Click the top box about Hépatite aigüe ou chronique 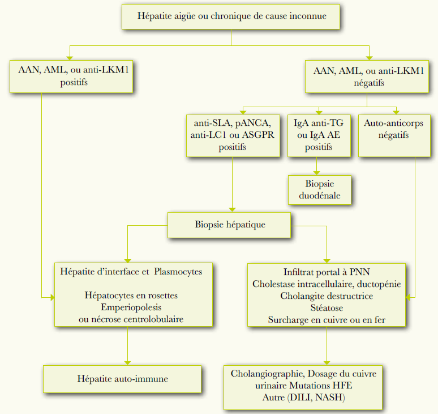[x=231, y=16]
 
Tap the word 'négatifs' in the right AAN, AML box [x=368, y=83]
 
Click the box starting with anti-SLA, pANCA [x=233, y=135]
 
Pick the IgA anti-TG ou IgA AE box [x=319, y=135]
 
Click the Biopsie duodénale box [x=320, y=190]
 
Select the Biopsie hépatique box [x=230, y=225]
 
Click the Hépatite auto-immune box [x=123, y=379]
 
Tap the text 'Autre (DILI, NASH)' [x=303, y=398]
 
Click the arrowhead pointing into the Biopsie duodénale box [x=317, y=172]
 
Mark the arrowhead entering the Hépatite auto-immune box [x=127, y=362]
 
